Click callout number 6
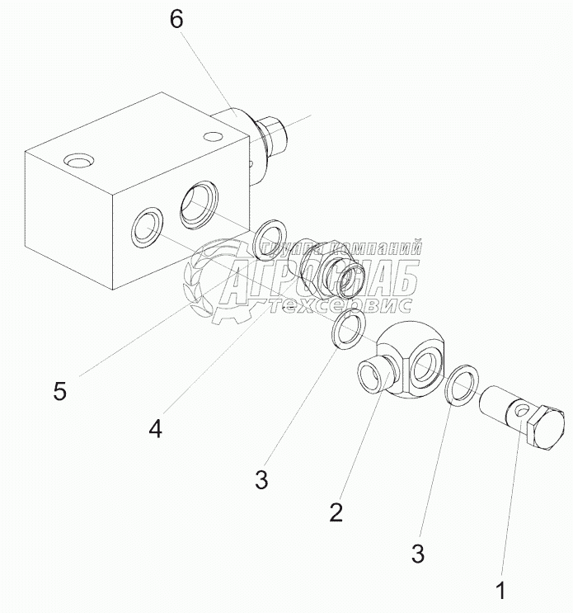[177, 20]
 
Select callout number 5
[60, 391]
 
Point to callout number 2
[336, 512]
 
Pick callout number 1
[499, 590]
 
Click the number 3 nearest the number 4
[261, 480]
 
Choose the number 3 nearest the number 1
[419, 554]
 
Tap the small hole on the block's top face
[213, 135]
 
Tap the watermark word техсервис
[337, 306]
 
